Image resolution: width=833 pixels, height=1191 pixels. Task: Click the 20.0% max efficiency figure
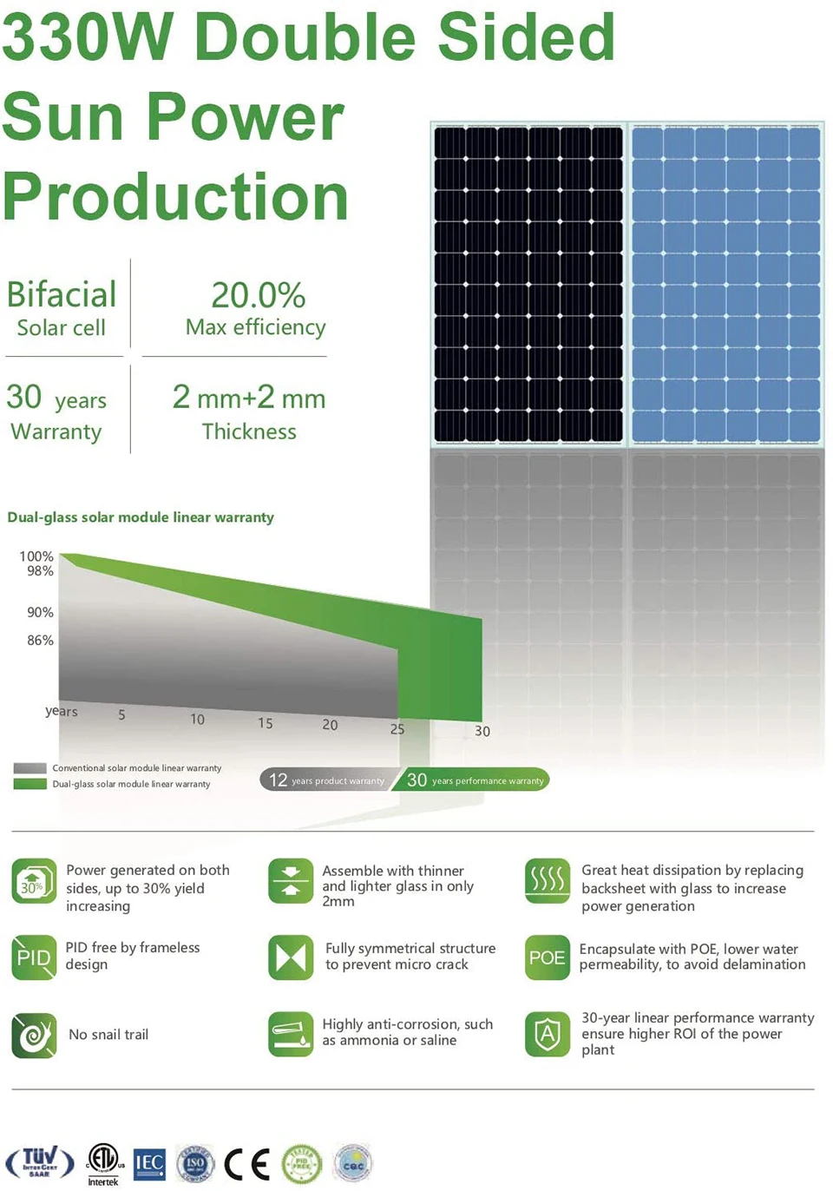[258, 296]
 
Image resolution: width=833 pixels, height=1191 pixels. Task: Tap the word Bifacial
[62, 295]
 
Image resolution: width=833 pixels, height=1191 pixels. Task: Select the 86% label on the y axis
[40, 641]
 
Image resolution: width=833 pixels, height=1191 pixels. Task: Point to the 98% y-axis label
[40, 571]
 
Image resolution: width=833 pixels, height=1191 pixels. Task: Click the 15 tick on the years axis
[265, 723]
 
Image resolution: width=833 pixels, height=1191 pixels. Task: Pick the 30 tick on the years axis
[482, 732]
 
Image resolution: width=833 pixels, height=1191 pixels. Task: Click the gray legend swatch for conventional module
[30, 768]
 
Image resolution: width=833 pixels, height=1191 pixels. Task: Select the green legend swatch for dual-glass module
[30, 784]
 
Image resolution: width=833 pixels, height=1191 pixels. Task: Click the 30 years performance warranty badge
[476, 780]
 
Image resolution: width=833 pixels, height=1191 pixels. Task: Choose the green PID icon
[34, 957]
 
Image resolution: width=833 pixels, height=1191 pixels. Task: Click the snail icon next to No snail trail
[34, 1035]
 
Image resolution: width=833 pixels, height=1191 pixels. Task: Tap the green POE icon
[548, 957]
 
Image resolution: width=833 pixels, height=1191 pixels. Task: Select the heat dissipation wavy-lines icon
[548, 880]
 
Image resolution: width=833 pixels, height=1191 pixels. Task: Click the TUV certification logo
[39, 1161]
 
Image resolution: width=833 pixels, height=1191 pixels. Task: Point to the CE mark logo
[247, 1164]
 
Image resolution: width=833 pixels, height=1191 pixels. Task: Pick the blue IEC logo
[149, 1162]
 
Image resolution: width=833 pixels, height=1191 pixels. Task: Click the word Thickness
[249, 431]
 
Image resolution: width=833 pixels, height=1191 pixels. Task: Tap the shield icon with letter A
[548, 1034]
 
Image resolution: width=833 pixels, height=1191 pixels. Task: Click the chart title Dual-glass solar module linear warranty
[141, 517]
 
